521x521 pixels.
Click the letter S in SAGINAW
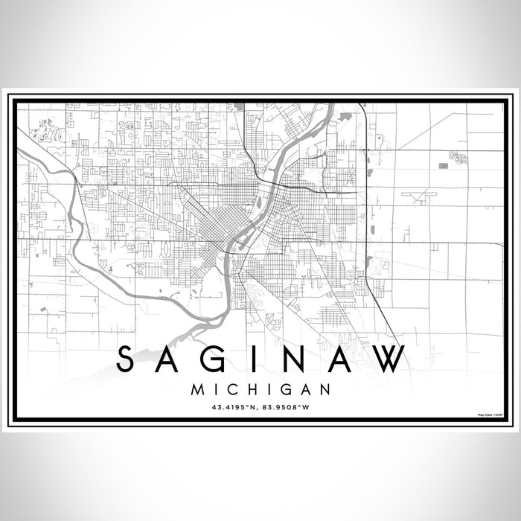click(x=127, y=359)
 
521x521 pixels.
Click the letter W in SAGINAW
click(x=389, y=359)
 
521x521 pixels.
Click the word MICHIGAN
click(x=260, y=389)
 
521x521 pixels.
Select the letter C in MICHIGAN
click(x=234, y=389)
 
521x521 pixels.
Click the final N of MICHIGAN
click(x=325, y=389)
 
